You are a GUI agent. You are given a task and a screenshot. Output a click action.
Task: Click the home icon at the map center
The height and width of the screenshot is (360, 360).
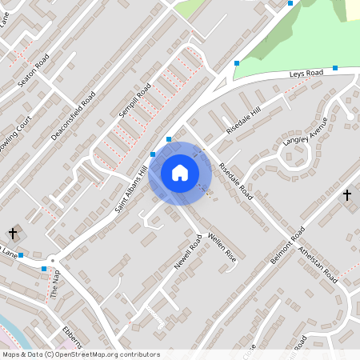(180, 172)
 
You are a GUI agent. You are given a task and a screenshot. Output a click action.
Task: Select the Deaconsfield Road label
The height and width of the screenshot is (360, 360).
(74, 116)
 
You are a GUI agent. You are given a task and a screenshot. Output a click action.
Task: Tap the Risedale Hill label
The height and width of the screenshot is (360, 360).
(244, 120)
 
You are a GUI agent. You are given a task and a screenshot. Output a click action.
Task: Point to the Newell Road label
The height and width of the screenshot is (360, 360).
(186, 253)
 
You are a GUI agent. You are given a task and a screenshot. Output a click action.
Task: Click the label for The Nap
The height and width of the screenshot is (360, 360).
(55, 282)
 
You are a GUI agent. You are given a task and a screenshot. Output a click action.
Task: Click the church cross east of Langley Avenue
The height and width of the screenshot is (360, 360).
(347, 194)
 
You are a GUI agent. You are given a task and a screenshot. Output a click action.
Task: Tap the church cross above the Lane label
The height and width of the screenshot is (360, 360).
(14, 233)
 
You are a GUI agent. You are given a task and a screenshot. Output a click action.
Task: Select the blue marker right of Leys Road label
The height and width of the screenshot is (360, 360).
(335, 68)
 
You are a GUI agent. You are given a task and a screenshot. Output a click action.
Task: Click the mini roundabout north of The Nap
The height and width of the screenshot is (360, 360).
(53, 260)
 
